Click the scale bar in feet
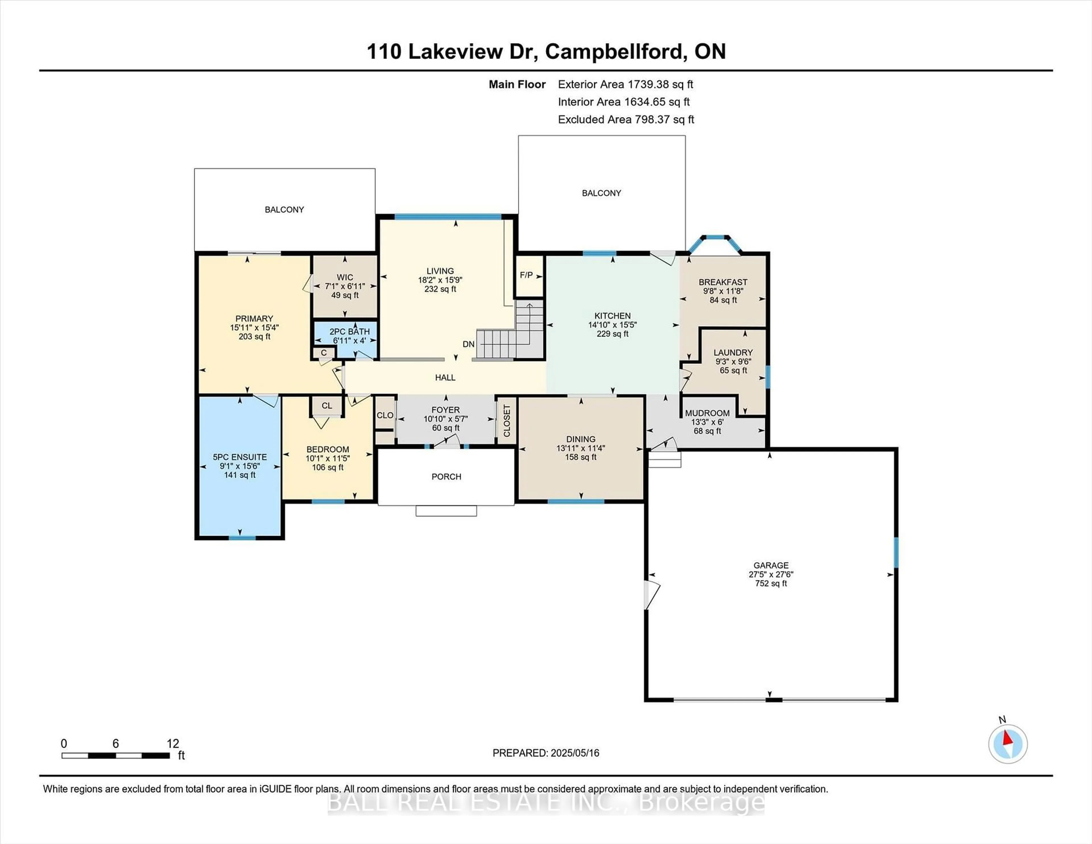pos(115,756)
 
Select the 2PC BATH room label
pos(349,332)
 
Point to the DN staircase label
pos(468,344)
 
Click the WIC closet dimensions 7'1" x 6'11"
pos(345,287)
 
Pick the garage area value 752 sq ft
pos(771,584)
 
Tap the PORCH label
pos(446,477)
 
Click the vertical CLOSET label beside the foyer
pos(506,421)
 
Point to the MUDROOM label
pos(707,413)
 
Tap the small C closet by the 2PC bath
pos(324,353)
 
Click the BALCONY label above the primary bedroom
pos(284,210)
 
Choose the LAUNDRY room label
pos(733,353)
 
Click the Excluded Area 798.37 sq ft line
pos(626,119)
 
